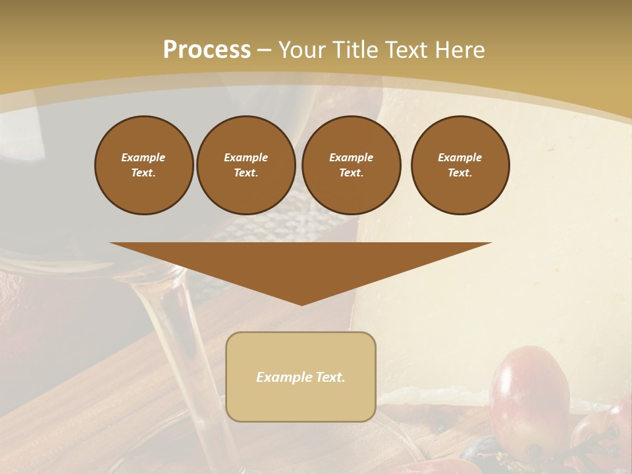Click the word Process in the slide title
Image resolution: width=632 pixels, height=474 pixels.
coord(207,50)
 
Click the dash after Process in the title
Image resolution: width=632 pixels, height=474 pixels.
coord(265,51)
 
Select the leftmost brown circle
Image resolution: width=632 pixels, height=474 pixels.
coord(144,165)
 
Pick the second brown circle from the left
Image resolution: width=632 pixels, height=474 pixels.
coord(246,165)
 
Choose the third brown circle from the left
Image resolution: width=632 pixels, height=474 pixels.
coord(352,165)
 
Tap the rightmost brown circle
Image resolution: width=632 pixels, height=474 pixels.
coord(460,165)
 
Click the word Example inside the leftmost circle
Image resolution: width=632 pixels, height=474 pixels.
coord(144,157)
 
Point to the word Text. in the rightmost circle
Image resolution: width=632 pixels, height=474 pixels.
coord(460,173)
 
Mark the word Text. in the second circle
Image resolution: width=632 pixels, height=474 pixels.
coord(246,173)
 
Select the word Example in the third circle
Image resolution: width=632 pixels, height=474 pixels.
coord(352,157)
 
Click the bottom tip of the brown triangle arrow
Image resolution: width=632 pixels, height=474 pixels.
coord(302,304)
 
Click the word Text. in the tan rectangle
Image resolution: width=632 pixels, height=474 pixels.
coord(331,377)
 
